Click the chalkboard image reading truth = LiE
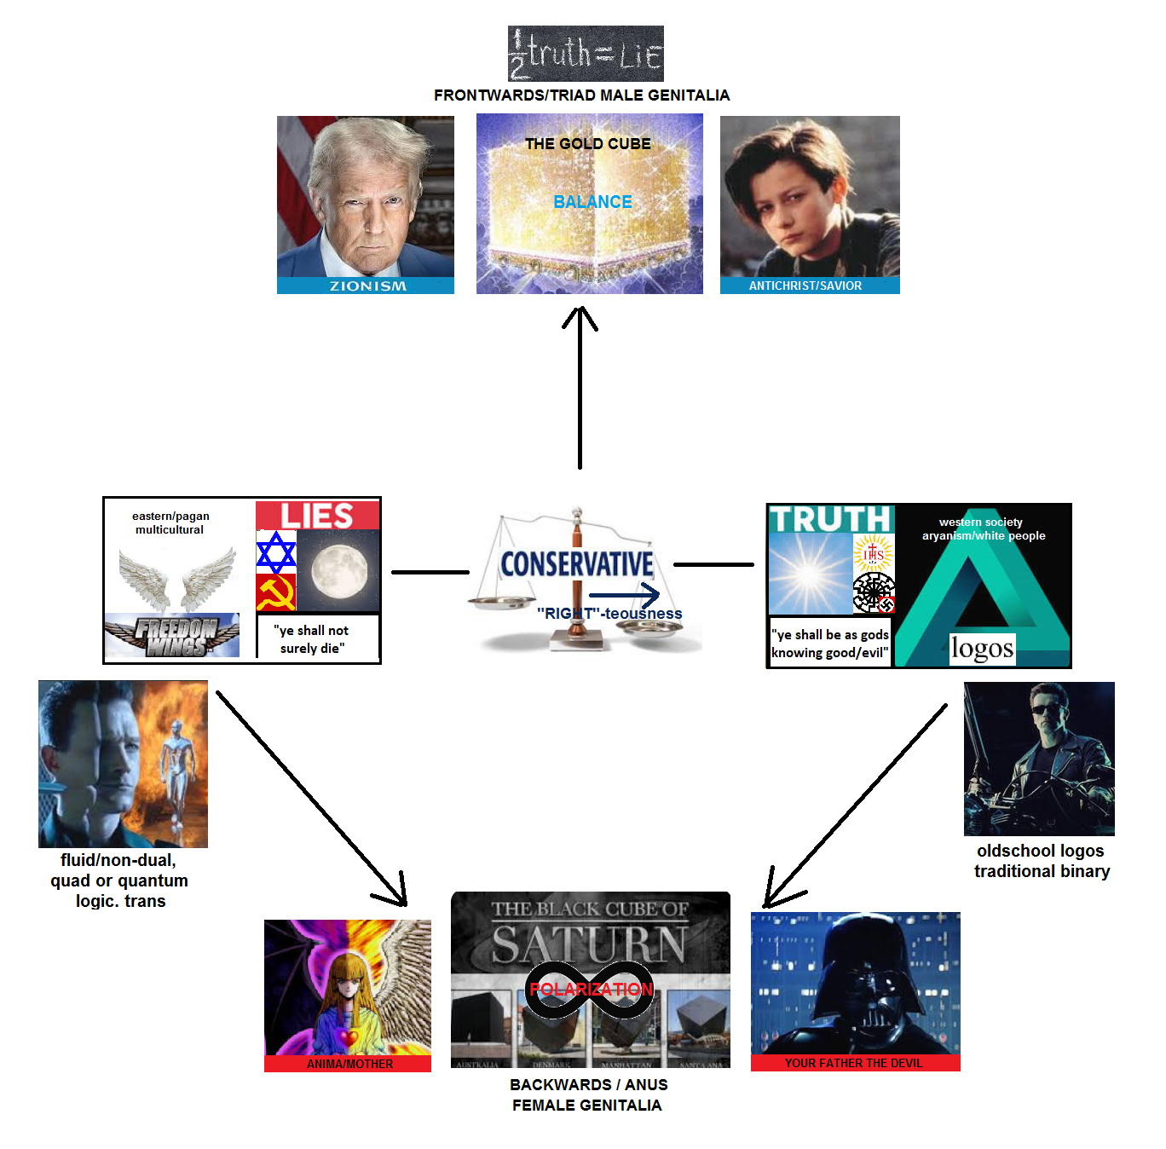586,54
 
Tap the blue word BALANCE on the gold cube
592,202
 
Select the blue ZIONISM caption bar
366,286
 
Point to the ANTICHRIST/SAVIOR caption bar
809,286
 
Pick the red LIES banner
317,516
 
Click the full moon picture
338,570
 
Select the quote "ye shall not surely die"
312,639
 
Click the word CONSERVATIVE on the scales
577,564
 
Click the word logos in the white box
982,649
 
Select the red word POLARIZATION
591,990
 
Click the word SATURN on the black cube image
589,945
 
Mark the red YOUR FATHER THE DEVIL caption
854,1063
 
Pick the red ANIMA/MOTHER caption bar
349,1064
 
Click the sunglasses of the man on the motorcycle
1043,710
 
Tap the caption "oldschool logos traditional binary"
1041,861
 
